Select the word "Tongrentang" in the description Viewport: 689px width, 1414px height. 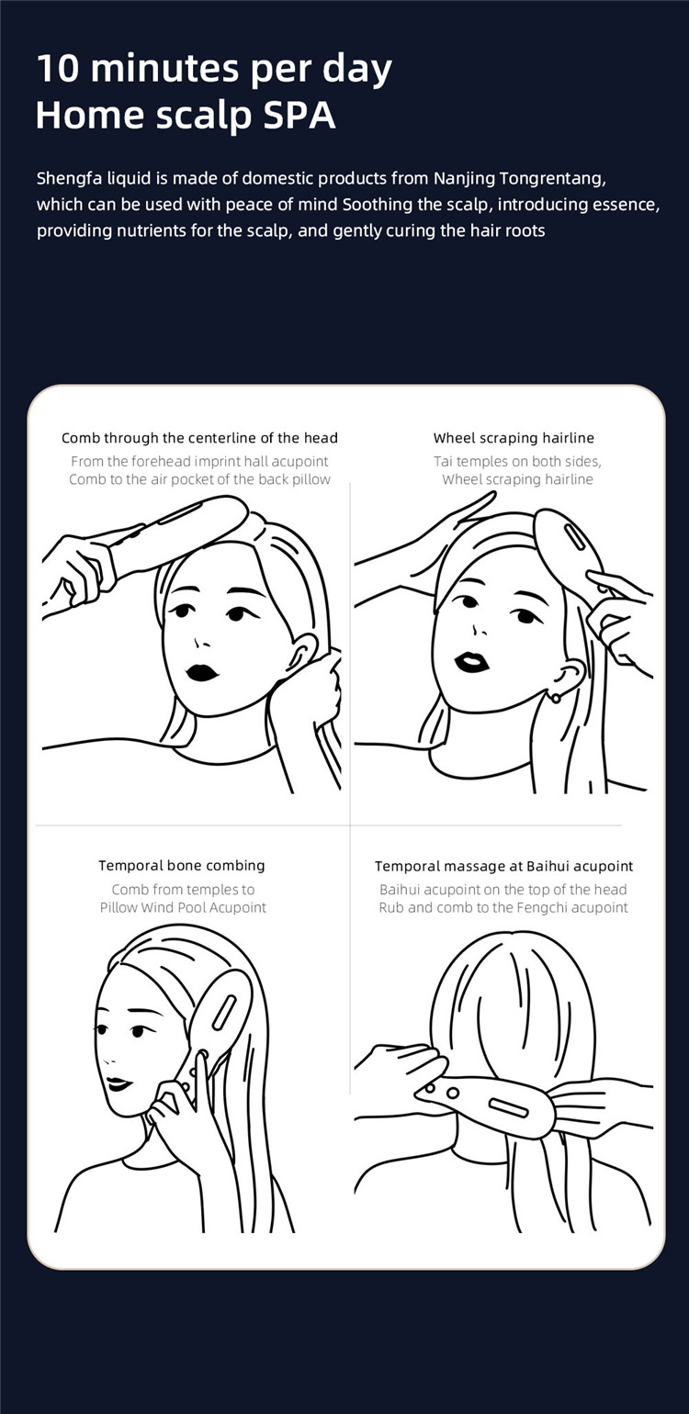click(x=553, y=179)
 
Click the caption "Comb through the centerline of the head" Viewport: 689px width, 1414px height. click(x=199, y=437)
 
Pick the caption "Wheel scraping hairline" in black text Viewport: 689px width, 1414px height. click(x=514, y=437)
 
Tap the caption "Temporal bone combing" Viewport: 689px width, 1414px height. click(x=182, y=866)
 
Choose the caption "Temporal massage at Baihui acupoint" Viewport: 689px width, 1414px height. click(x=504, y=866)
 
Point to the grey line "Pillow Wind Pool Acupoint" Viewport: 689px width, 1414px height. click(x=183, y=908)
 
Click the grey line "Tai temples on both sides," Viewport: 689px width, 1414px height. click(x=517, y=462)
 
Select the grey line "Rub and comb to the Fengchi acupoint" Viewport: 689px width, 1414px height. click(x=503, y=908)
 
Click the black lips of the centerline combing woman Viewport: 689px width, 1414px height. click(x=202, y=672)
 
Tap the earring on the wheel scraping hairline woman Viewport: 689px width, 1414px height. click(x=556, y=698)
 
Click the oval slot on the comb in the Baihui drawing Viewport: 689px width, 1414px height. click(x=508, y=1106)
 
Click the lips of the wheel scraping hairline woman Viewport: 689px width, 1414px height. click(x=472, y=662)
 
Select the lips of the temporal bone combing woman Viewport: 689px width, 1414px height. click(x=119, y=1084)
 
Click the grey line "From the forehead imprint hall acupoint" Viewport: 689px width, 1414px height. click(x=199, y=462)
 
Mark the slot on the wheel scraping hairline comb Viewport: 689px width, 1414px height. click(x=574, y=536)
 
